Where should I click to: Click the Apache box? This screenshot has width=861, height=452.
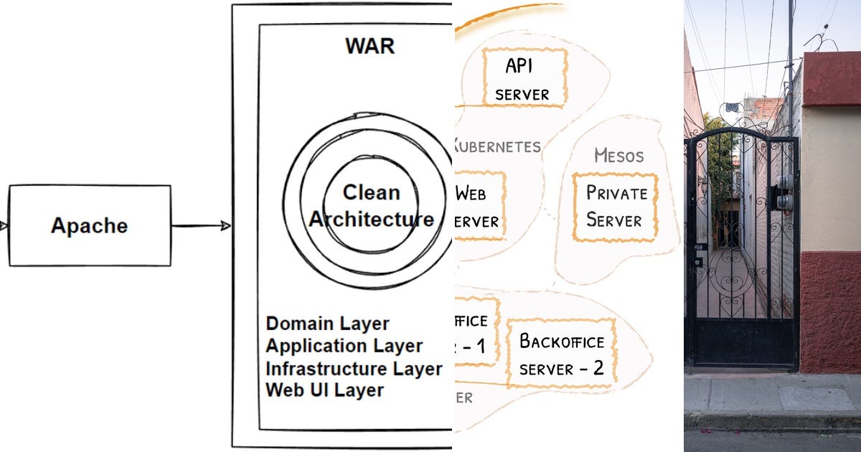(x=90, y=225)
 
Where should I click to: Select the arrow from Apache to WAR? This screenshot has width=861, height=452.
(x=201, y=226)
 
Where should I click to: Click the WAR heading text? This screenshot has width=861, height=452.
(x=370, y=46)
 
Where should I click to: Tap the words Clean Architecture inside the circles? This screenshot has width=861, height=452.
(x=371, y=206)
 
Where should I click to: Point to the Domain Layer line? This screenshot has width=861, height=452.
(x=327, y=324)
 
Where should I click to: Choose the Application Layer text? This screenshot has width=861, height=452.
(x=344, y=346)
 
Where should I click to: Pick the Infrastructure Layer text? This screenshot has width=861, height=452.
(x=354, y=369)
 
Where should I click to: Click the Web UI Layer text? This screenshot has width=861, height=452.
(x=324, y=390)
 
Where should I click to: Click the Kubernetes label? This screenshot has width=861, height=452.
(x=497, y=147)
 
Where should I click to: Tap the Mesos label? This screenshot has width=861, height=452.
(x=618, y=156)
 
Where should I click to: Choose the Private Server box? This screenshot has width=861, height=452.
(x=616, y=207)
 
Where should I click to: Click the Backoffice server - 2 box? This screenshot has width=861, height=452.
(x=561, y=354)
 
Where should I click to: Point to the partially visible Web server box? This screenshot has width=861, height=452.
(x=479, y=207)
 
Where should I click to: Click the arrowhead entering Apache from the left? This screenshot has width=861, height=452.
(x=4, y=226)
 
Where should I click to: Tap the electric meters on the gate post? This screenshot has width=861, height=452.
(x=785, y=192)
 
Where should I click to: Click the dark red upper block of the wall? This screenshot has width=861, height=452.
(x=831, y=79)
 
